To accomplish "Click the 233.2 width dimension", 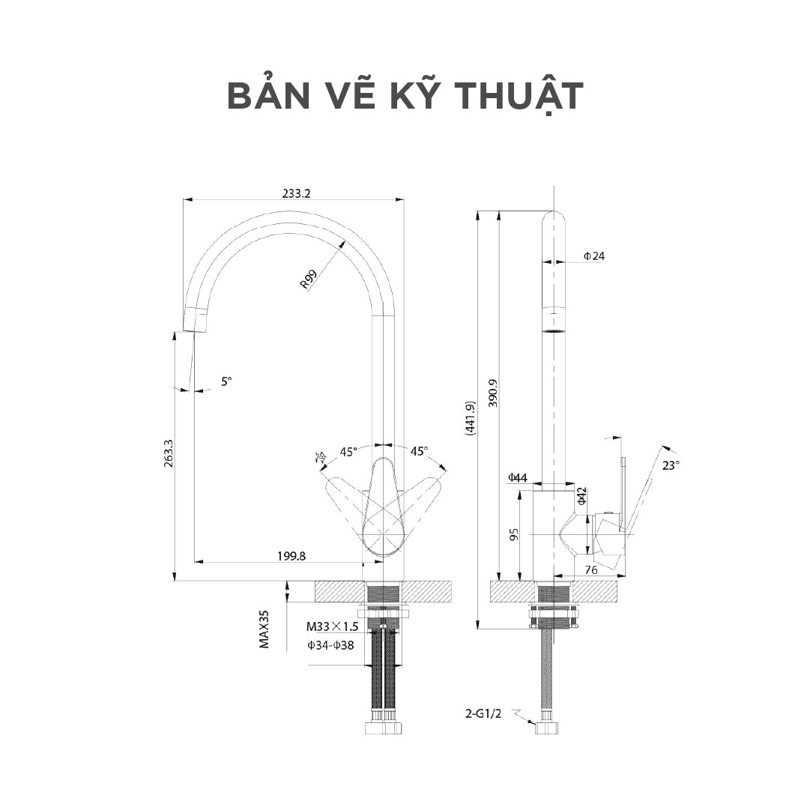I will tap(296, 193).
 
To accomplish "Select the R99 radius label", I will tap(308, 279).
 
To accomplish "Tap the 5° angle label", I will tap(226, 381).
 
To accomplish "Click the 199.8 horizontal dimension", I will tap(291, 556).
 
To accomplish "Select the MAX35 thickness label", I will tap(264, 628).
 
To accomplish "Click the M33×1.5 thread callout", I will tap(333, 626).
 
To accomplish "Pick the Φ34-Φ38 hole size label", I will tap(330, 644).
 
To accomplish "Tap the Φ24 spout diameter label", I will tap(594, 256).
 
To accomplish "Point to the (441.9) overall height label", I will tap(470, 418).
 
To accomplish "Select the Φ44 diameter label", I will tap(518, 477).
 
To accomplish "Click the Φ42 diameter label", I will tap(582, 498).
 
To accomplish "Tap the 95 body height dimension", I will tap(514, 535).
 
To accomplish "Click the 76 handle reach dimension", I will tap(590, 571).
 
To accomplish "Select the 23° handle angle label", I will tap(671, 465).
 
